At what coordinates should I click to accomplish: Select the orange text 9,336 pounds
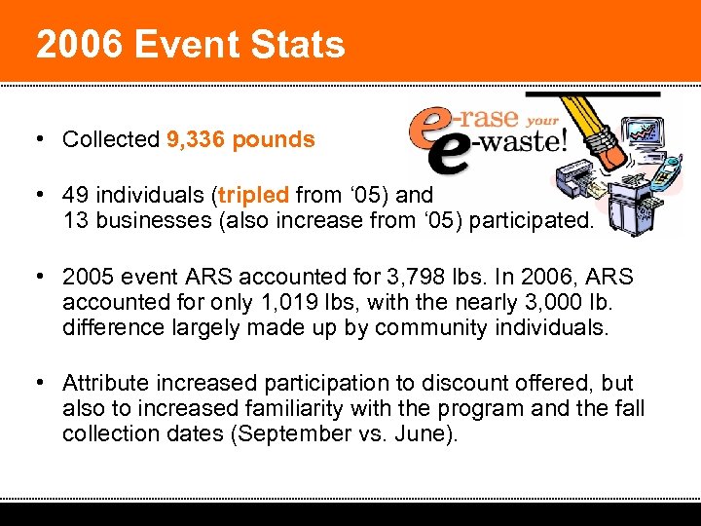(x=240, y=139)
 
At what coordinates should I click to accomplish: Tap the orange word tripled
(x=254, y=194)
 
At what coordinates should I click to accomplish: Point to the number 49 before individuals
(x=75, y=194)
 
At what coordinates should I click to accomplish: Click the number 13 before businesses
(x=74, y=219)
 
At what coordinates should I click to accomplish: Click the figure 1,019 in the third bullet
(x=280, y=301)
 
